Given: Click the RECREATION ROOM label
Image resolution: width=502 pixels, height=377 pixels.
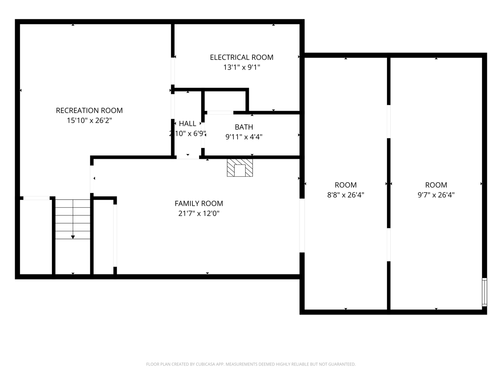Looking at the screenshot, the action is pyautogui.click(x=89, y=111).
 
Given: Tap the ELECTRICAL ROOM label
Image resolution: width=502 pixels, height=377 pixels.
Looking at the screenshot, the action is pyautogui.click(x=241, y=57).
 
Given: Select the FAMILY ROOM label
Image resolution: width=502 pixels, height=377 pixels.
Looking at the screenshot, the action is pyautogui.click(x=199, y=204).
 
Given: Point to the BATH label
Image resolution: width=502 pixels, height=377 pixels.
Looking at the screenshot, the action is pyautogui.click(x=244, y=127).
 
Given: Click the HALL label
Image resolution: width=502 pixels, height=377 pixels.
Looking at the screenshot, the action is pyautogui.click(x=187, y=124).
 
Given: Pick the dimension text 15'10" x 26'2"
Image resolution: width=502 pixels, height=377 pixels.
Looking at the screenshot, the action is pyautogui.click(x=89, y=120).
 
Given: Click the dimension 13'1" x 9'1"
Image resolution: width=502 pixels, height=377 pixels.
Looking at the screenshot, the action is pyautogui.click(x=241, y=67).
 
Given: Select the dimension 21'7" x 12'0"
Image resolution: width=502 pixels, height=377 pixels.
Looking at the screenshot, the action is pyautogui.click(x=199, y=214).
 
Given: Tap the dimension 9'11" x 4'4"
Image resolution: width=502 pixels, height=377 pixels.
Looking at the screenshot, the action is pyautogui.click(x=244, y=137).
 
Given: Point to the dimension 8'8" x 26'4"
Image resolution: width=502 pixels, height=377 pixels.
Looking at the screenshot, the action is pyautogui.click(x=346, y=195).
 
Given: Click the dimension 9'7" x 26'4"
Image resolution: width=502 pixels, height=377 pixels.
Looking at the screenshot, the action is pyautogui.click(x=436, y=195).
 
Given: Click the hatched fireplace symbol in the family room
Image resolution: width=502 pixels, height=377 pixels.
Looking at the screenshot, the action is pyautogui.click(x=240, y=168).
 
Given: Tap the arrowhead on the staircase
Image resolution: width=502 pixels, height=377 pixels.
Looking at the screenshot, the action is pyautogui.click(x=73, y=237).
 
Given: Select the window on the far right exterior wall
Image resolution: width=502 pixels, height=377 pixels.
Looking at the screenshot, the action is pyautogui.click(x=484, y=292).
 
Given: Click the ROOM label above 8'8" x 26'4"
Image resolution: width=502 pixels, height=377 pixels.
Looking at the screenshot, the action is pyautogui.click(x=346, y=185).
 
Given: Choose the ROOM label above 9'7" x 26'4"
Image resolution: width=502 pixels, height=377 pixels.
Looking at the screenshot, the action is pyautogui.click(x=436, y=185).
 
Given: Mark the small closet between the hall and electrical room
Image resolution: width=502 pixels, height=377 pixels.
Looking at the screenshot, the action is pyautogui.click(x=225, y=101).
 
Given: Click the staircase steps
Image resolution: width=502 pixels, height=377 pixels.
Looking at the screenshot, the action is pyautogui.click(x=73, y=219).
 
